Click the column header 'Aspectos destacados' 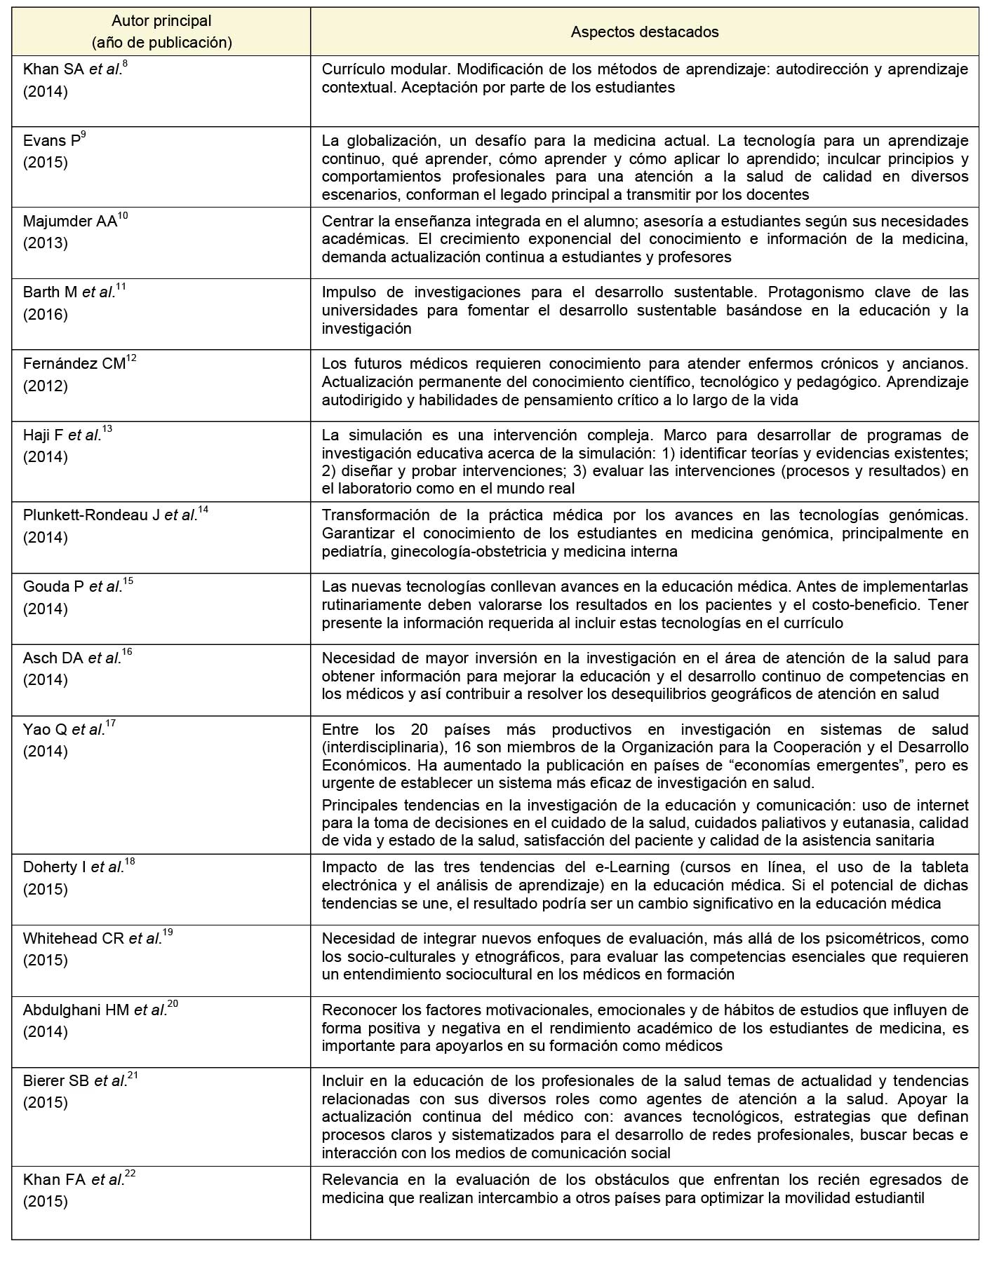644,32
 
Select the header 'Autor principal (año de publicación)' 161,32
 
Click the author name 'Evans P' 51,141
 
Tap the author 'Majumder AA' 69,222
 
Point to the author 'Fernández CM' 74,364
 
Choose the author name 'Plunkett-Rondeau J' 91,515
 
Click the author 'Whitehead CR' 74,939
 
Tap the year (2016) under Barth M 46,314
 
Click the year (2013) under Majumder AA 46,243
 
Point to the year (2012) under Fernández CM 46,386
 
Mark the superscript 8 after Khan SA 125,65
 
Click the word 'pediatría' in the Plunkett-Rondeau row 350,551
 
